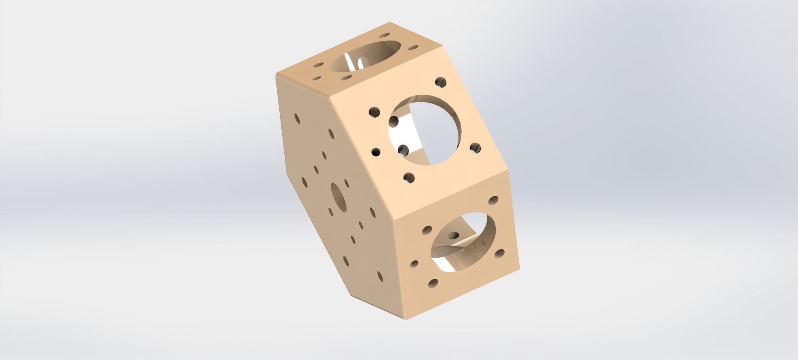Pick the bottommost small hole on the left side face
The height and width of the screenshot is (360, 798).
pyautogui.click(x=379, y=276)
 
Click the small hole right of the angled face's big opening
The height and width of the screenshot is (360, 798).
pyautogui.click(x=475, y=148)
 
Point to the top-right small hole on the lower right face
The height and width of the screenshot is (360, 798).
pyautogui.click(x=494, y=200)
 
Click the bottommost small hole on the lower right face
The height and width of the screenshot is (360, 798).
pyautogui.click(x=433, y=284)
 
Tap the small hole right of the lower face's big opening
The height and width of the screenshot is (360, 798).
pyautogui.click(x=500, y=253)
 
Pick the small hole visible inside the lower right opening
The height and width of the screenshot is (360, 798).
pyautogui.click(x=454, y=235)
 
